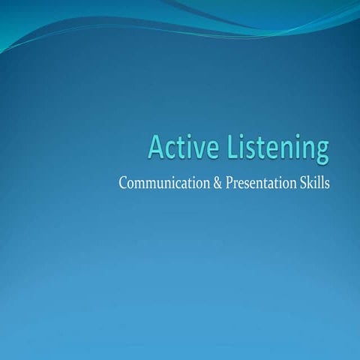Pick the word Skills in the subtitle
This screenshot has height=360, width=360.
coord(314,184)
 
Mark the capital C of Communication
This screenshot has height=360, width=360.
coord(123,184)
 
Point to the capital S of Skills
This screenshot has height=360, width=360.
coord(302,184)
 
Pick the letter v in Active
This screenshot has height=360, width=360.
coord(191,150)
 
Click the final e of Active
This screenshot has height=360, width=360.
coord(205,150)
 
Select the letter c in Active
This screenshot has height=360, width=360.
coord(170,150)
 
